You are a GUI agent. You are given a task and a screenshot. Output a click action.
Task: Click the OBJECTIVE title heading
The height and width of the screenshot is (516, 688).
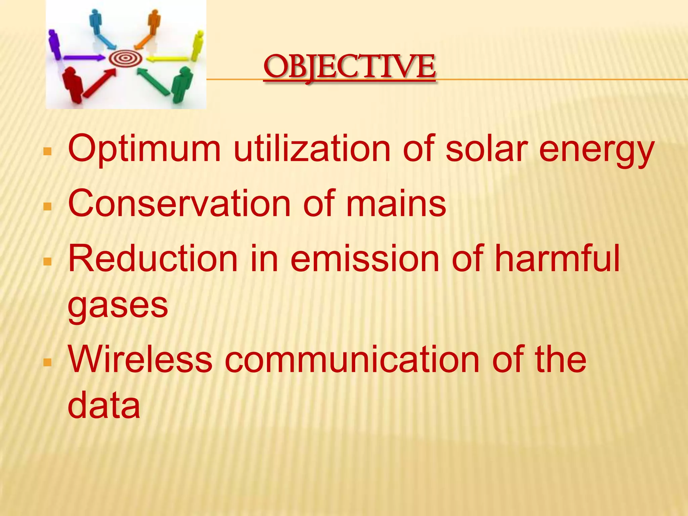[350, 67]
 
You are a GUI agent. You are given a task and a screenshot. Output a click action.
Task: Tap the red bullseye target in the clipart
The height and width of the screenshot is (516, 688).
[125, 58]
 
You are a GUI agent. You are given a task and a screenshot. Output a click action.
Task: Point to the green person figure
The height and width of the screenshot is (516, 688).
[182, 84]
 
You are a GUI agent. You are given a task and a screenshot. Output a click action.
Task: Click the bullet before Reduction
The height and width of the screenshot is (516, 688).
[48, 261]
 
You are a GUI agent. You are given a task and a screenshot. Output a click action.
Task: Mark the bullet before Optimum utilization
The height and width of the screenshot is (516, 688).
[48, 151]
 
